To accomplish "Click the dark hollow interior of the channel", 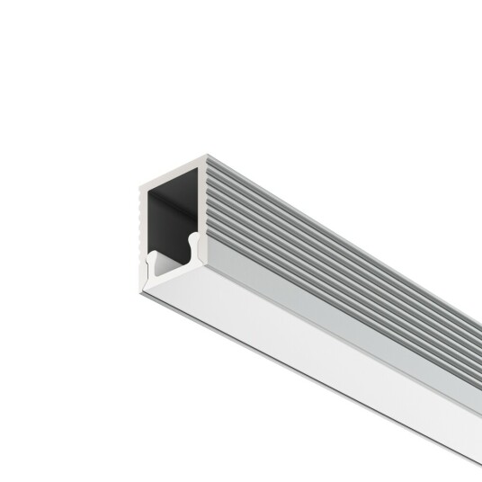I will point(171,216).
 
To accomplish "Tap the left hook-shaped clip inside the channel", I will point(154,261).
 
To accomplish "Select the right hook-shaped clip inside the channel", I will point(192,241).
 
